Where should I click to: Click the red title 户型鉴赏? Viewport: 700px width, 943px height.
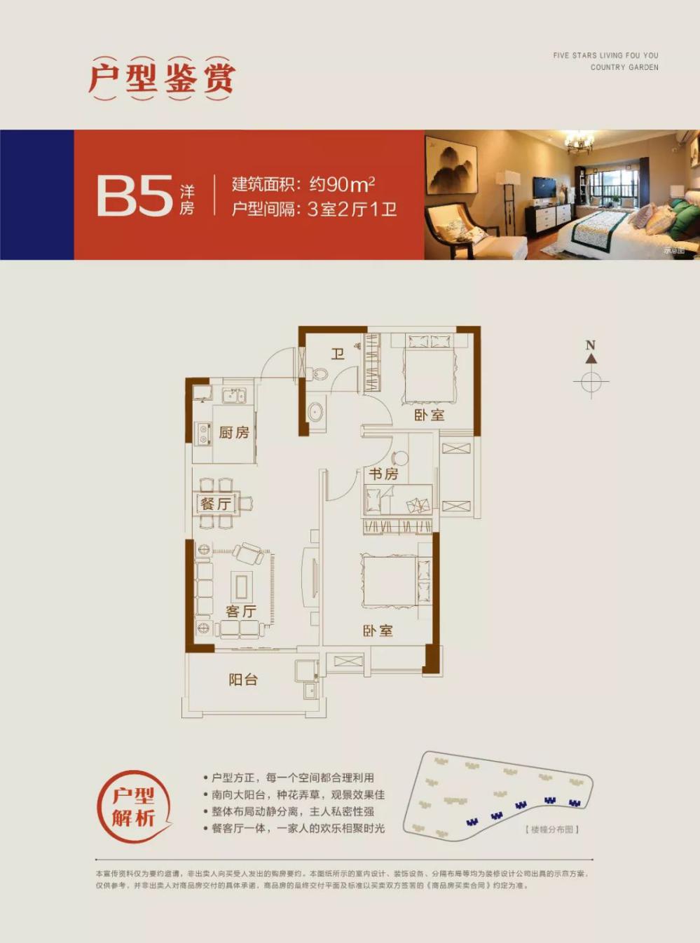click(x=162, y=78)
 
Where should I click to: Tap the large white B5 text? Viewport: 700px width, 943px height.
click(x=135, y=195)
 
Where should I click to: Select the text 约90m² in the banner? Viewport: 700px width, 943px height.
click(x=342, y=184)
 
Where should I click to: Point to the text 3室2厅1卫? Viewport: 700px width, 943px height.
click(x=352, y=209)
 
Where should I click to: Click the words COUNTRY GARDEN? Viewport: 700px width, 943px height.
click(x=624, y=67)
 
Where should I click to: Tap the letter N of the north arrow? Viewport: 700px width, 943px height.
click(x=591, y=345)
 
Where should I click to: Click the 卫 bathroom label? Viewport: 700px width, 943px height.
click(x=338, y=354)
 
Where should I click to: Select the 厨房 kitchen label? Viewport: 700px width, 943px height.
click(x=233, y=432)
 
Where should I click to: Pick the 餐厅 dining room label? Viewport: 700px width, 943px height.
click(x=215, y=504)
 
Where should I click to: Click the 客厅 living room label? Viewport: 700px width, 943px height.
click(x=240, y=611)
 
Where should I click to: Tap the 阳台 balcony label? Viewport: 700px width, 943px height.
click(x=243, y=679)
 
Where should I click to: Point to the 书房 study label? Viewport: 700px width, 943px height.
click(x=383, y=474)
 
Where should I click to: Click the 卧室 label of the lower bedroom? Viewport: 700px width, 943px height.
click(x=378, y=631)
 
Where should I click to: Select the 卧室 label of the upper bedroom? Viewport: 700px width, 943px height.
click(x=429, y=415)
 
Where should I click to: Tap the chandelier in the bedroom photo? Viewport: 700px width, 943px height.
click(x=579, y=144)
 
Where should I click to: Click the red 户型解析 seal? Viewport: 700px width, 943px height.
click(x=134, y=806)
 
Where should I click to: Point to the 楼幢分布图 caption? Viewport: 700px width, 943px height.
click(x=552, y=830)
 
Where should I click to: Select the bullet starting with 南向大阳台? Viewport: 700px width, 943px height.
click(x=298, y=794)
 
